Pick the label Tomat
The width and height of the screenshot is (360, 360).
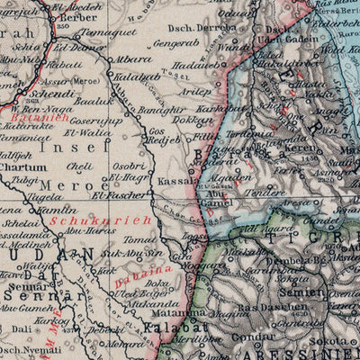pos(139,238)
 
